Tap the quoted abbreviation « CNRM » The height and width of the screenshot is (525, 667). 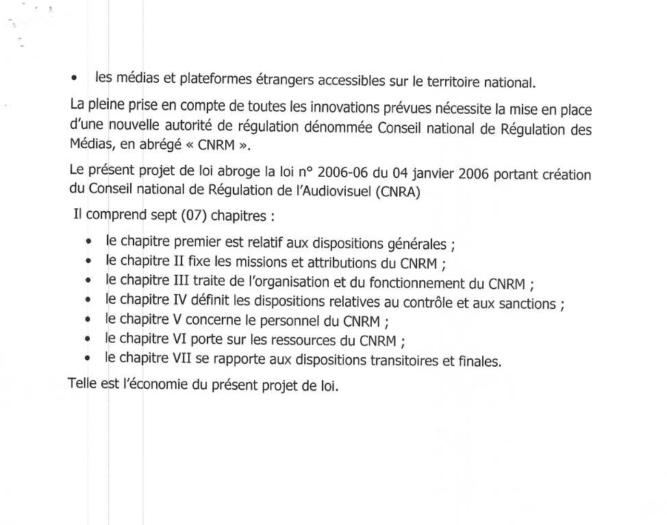pos(214,145)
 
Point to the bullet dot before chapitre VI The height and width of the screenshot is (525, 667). pos(89,339)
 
